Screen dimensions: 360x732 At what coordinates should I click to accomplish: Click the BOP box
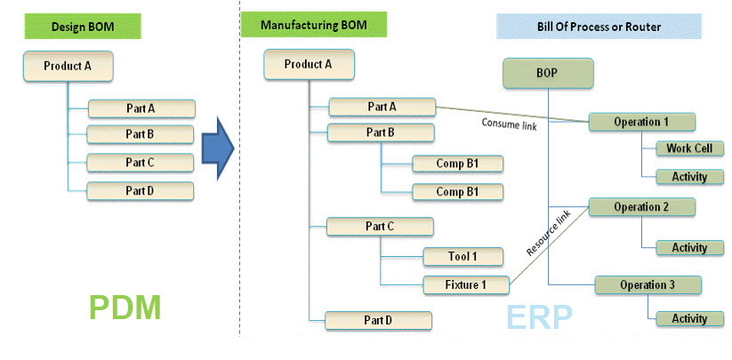click(x=548, y=74)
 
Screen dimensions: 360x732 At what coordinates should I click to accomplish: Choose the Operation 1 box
click(x=640, y=122)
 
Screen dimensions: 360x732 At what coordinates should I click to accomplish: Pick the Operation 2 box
click(x=640, y=207)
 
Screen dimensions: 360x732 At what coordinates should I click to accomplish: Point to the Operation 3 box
click(x=647, y=284)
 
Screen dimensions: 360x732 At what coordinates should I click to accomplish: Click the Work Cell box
click(x=689, y=148)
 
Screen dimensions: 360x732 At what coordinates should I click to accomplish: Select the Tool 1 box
click(x=462, y=257)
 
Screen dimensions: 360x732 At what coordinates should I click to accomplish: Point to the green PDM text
click(x=125, y=308)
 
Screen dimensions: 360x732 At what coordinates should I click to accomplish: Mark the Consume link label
click(x=509, y=123)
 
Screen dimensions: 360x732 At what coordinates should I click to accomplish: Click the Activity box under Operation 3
click(x=689, y=318)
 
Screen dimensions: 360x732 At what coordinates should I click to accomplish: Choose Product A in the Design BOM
click(x=68, y=67)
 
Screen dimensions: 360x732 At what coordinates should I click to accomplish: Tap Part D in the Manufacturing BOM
click(x=378, y=321)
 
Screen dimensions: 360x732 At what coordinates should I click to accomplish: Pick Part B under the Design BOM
click(x=141, y=134)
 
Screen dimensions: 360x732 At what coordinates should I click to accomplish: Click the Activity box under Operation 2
click(x=689, y=248)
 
